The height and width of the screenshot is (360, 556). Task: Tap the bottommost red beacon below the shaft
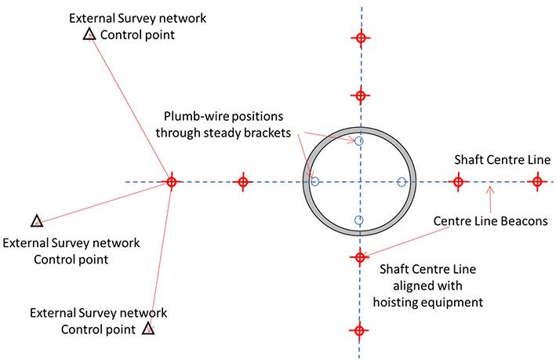[359, 331]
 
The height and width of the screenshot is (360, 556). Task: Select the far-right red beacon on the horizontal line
[537, 183]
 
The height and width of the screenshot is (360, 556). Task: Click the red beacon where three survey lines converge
[171, 182]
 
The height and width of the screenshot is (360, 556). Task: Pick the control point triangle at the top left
[89, 34]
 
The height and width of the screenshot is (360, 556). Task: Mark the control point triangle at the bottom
[148, 328]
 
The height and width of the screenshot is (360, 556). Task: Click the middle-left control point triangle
[35, 221]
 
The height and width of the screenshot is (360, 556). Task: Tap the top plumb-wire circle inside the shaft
[359, 141]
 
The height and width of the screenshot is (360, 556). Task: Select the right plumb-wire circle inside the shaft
[402, 183]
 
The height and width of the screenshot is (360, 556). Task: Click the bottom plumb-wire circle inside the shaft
[358, 220]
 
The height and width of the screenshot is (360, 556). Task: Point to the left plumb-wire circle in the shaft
[314, 182]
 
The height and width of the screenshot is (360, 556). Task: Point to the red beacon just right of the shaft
[458, 183]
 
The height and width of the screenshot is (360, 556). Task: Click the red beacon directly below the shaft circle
[360, 256]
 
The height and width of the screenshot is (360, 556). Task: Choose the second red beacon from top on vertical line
[360, 96]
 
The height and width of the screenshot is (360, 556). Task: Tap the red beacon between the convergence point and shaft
[243, 182]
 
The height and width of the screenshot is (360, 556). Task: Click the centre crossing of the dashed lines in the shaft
[360, 183]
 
